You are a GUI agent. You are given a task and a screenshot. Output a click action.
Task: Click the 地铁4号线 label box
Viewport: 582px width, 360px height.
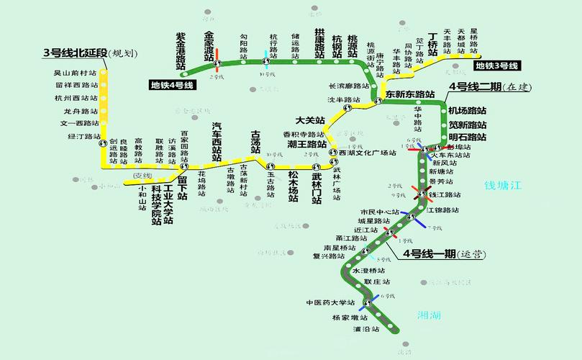point(173,85)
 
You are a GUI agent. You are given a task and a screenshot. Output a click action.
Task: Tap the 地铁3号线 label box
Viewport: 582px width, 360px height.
point(496,66)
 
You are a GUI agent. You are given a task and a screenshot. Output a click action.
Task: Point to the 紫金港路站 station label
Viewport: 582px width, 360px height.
point(181,50)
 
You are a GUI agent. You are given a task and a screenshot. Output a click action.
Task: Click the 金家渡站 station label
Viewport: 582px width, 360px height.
point(209,45)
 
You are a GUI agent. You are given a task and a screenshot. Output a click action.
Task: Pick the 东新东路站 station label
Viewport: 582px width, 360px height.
point(410,94)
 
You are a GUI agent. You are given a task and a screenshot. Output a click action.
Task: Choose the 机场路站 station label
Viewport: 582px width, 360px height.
point(467,111)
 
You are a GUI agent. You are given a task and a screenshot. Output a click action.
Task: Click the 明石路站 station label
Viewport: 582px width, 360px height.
point(467,137)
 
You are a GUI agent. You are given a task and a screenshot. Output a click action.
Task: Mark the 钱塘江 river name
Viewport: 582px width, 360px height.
point(501,185)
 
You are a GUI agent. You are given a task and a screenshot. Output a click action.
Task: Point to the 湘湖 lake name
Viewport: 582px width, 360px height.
point(429,315)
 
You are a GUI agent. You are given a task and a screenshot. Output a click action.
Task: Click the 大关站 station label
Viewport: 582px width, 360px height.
point(310,120)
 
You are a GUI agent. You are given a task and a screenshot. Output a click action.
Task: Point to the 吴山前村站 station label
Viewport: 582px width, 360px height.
point(75,73)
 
